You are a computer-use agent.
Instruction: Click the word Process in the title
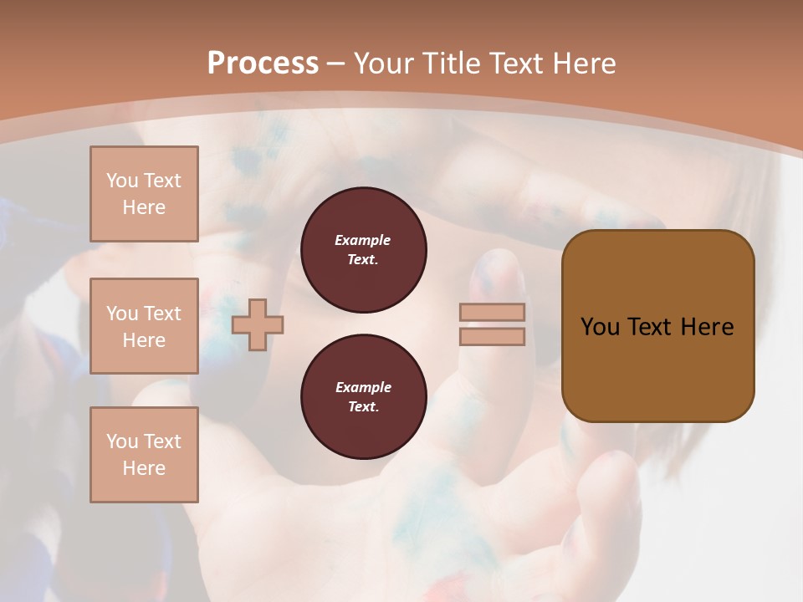click(263, 64)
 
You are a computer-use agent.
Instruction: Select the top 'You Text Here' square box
click(144, 194)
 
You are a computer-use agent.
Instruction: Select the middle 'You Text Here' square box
click(144, 326)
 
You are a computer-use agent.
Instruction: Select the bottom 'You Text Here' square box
click(144, 455)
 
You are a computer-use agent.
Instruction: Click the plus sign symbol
click(258, 325)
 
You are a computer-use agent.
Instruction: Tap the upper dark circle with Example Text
click(363, 250)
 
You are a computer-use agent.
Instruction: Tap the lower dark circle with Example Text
click(363, 397)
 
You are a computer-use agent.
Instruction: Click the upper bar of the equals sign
click(493, 313)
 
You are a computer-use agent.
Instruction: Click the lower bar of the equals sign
click(493, 337)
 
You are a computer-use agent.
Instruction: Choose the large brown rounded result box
click(657, 326)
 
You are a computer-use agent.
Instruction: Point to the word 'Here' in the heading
click(582, 64)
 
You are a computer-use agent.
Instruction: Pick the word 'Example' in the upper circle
click(363, 241)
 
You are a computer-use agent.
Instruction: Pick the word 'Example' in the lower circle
click(363, 388)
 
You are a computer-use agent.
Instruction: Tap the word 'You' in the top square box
click(121, 181)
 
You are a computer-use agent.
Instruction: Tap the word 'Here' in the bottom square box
click(144, 468)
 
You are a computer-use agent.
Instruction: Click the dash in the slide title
click(336, 64)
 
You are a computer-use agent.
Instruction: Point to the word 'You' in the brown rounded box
click(600, 327)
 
